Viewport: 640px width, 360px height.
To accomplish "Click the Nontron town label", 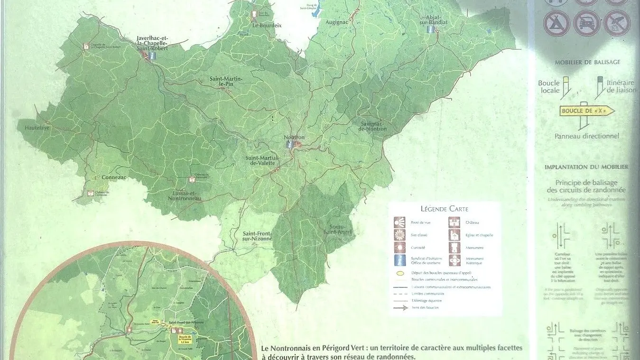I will pyautogui.click(x=294, y=138).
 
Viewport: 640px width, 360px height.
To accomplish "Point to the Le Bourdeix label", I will pyautogui.click(x=267, y=25).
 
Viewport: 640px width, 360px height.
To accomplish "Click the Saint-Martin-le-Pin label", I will pyautogui.click(x=226, y=81).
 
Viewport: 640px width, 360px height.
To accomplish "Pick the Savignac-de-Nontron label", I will pyautogui.click(x=372, y=126).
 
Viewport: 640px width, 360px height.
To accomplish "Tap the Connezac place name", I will pyautogui.click(x=114, y=177).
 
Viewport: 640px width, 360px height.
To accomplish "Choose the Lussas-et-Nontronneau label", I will pyautogui.click(x=185, y=195).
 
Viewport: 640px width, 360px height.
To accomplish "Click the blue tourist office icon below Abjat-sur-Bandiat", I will pyautogui.click(x=431, y=29).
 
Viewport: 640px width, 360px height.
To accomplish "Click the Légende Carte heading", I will pyautogui.click(x=444, y=209).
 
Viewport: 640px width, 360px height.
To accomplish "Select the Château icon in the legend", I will pyautogui.click(x=454, y=222).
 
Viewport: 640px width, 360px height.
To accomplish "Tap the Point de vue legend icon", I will pyautogui.click(x=399, y=222).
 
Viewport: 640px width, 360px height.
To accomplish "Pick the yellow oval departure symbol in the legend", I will pyautogui.click(x=400, y=273).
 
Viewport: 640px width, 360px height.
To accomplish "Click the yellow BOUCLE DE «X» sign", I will pyautogui.click(x=587, y=111).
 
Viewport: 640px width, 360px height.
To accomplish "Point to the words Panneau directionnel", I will pyautogui.click(x=586, y=136).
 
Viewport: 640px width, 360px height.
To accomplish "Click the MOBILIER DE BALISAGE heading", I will pyautogui.click(x=587, y=62).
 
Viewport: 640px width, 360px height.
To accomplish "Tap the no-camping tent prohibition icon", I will pyautogui.click(x=557, y=23).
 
